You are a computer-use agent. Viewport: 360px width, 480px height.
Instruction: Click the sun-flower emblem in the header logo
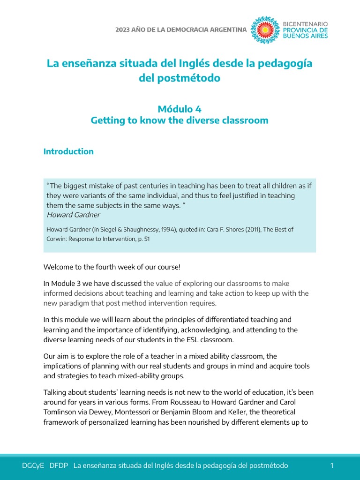[265, 30]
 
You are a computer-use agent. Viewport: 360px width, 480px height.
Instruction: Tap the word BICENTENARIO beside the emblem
[306, 23]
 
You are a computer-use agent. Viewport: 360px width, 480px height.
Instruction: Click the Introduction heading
[68, 151]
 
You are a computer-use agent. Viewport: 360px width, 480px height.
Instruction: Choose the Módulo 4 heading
[180, 109]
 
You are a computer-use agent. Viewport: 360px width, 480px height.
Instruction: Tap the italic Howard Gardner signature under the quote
[73, 215]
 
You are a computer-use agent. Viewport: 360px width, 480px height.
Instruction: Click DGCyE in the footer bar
[33, 465]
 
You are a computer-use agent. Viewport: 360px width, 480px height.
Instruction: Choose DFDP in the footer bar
[59, 465]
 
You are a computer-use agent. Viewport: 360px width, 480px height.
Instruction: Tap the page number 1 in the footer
[332, 465]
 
